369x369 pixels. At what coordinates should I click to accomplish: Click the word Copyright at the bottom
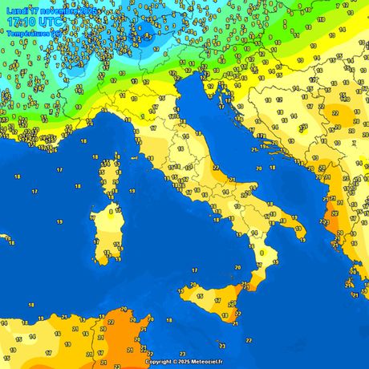coord(160,362)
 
